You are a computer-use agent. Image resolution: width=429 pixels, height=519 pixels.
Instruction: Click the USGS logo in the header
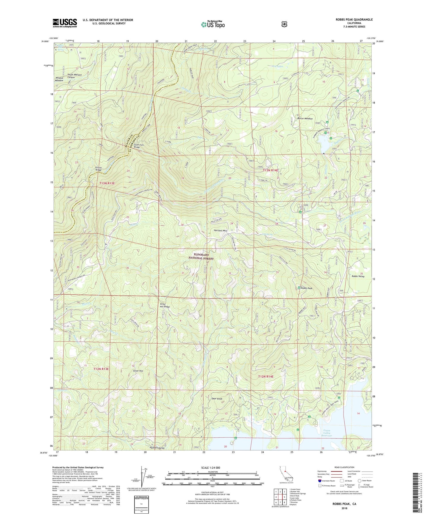click(x=65, y=23)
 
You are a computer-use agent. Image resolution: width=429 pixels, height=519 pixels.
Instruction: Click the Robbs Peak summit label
click(x=306, y=288)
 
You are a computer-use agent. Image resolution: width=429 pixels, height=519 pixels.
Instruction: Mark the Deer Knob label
click(x=217, y=399)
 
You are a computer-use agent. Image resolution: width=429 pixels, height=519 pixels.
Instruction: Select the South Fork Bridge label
click(x=139, y=146)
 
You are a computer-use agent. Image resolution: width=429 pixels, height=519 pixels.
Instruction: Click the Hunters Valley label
click(x=157, y=448)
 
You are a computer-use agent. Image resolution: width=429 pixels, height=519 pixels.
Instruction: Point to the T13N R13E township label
click(x=105, y=183)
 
